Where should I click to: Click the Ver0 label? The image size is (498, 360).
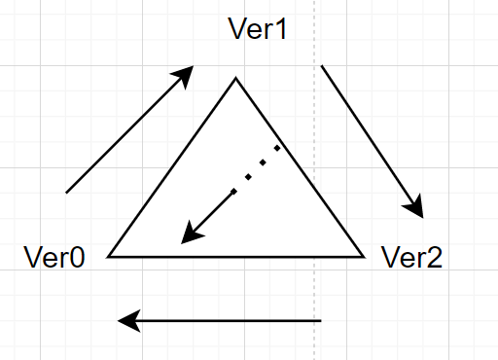53,258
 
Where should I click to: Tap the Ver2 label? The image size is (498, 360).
411,258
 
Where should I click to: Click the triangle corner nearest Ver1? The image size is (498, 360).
235,79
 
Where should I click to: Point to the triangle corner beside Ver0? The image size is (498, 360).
109,256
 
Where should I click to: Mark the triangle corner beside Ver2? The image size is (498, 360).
362,256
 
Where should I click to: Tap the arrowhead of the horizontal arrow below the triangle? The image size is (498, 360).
125,320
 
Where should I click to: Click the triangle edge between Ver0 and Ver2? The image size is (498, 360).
235,257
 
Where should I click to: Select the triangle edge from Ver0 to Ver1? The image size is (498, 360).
172,167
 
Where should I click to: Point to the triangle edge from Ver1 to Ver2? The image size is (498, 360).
299,167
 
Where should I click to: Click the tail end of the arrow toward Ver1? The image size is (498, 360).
66,193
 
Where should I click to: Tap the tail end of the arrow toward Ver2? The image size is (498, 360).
322,66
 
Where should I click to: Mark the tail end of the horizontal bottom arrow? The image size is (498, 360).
320,320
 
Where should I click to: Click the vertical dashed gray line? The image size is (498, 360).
315,292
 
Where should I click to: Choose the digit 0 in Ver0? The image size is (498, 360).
76,258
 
